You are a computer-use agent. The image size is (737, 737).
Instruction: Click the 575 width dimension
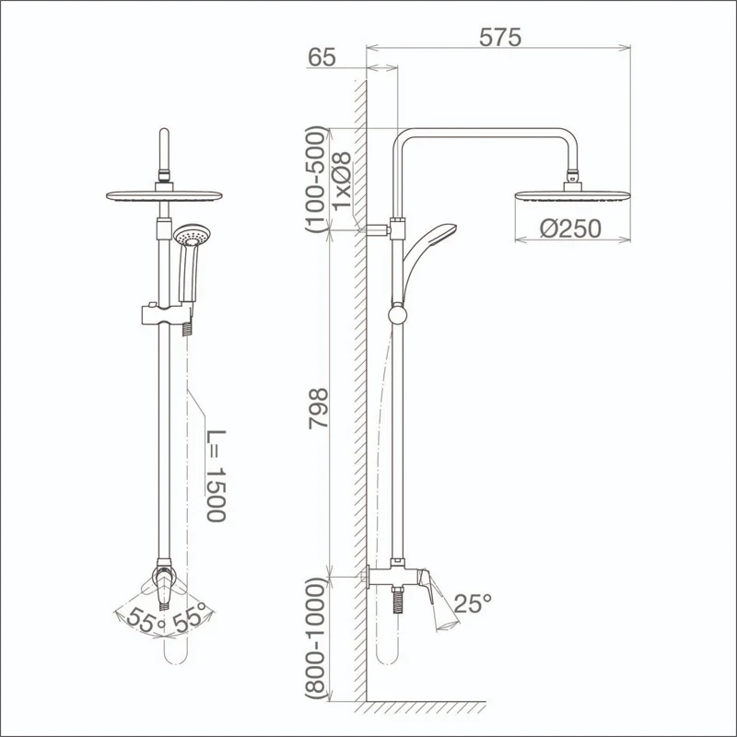point(500,38)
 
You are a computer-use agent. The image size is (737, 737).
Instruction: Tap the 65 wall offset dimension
point(322,57)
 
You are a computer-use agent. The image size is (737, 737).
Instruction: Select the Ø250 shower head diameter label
point(570,228)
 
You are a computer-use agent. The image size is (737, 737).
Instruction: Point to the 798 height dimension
point(318,408)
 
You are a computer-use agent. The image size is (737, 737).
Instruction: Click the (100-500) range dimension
point(315,179)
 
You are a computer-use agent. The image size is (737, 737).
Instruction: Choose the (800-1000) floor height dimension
point(315,638)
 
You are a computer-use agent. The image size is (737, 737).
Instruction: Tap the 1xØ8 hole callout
point(342,181)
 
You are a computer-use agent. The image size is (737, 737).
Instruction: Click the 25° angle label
point(473,603)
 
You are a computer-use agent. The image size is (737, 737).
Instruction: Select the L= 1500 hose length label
point(216,475)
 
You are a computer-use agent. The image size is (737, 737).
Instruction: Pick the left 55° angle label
point(146,620)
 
